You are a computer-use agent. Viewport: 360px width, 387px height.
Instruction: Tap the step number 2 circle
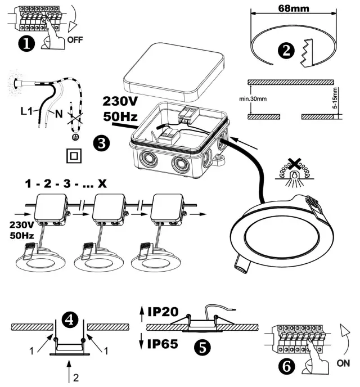[x=286, y=49]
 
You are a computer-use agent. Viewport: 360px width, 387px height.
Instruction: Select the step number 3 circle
[x=101, y=143]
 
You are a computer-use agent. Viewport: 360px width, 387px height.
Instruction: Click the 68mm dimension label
[x=296, y=9]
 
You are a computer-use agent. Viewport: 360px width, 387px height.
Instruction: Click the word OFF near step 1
[x=75, y=41]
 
